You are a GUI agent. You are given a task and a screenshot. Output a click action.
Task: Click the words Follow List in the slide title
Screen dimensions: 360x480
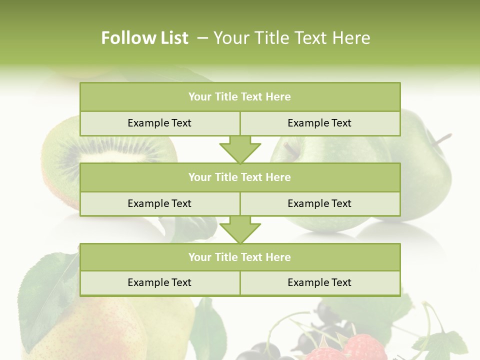point(144,38)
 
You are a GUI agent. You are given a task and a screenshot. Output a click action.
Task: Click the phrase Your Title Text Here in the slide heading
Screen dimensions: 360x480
point(292,38)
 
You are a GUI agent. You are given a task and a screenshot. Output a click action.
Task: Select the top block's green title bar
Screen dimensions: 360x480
point(240,97)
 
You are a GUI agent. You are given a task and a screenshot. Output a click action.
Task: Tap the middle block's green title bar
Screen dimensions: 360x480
point(240,177)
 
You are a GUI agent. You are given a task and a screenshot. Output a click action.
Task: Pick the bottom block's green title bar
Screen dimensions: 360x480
point(240,257)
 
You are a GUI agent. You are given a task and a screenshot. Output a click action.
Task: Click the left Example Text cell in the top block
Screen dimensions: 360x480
point(159,123)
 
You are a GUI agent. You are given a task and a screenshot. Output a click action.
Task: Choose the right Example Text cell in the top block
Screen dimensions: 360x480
point(319,123)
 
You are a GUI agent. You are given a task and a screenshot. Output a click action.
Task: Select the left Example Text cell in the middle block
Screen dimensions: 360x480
point(159,204)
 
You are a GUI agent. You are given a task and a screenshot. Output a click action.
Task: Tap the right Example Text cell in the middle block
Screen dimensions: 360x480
point(319,204)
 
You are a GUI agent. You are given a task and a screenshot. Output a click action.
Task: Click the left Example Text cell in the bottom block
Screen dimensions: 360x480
point(159,283)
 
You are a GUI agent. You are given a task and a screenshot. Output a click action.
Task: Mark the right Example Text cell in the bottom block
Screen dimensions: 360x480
point(319,283)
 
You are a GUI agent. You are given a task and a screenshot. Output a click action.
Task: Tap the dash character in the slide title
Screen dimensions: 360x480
point(202,38)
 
